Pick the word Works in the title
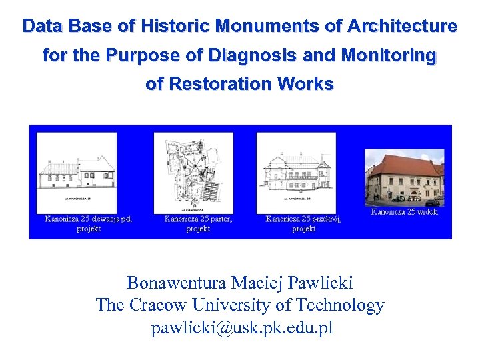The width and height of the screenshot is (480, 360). click(307, 84)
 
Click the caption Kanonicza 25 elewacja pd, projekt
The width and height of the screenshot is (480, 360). click(88, 223)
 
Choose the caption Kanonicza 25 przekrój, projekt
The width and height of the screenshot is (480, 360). click(303, 223)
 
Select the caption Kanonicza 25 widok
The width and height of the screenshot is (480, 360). click(404, 212)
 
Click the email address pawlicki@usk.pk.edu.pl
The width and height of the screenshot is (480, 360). click(241, 328)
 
